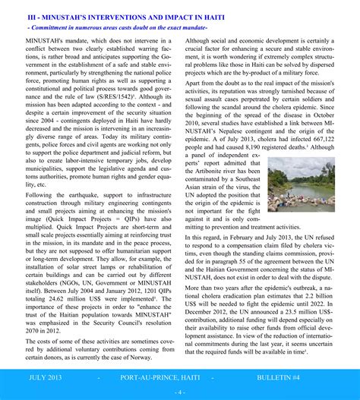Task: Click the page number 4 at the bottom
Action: [180, 392]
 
